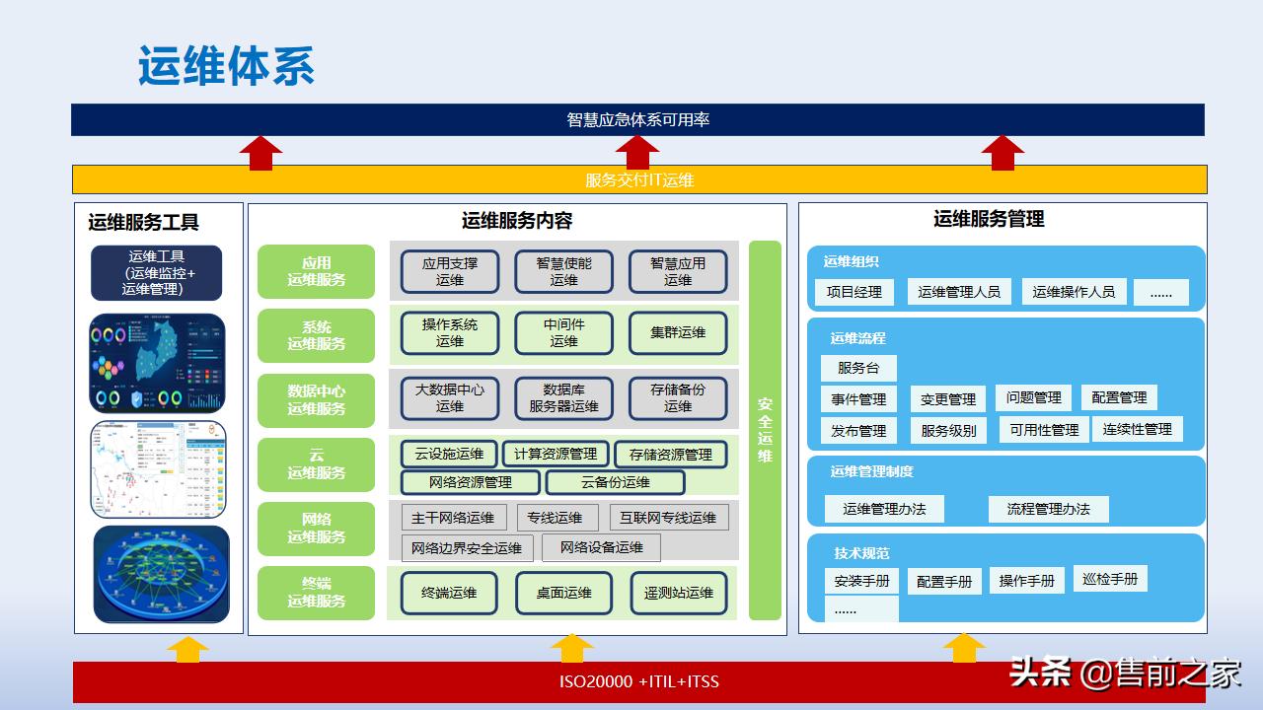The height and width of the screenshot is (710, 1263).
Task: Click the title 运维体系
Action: tap(226, 66)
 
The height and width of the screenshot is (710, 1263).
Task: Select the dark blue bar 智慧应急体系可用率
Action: tap(637, 119)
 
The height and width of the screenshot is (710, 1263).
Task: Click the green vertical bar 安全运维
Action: tap(765, 430)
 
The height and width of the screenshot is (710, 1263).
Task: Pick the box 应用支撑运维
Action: tap(449, 271)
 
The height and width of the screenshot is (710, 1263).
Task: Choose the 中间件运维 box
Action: tap(563, 333)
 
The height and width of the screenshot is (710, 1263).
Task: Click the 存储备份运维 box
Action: tap(678, 397)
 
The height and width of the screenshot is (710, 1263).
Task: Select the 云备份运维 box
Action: tap(615, 482)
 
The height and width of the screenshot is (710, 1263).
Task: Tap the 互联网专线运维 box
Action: tap(668, 518)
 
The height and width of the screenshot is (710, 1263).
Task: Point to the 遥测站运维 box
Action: tap(679, 593)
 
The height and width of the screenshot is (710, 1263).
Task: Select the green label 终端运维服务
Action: tap(317, 593)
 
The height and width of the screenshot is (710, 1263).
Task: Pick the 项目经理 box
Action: tap(854, 292)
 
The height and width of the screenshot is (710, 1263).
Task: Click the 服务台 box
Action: tap(857, 368)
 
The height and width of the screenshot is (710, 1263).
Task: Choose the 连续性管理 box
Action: tap(1137, 430)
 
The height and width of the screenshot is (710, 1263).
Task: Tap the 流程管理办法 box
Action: tap(1048, 509)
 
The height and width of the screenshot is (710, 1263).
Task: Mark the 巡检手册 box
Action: tap(1110, 579)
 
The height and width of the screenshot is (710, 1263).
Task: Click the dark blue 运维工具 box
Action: tap(157, 273)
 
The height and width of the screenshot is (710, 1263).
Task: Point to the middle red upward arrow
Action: tap(637, 153)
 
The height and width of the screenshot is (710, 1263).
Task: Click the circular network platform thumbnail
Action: tap(161, 574)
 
